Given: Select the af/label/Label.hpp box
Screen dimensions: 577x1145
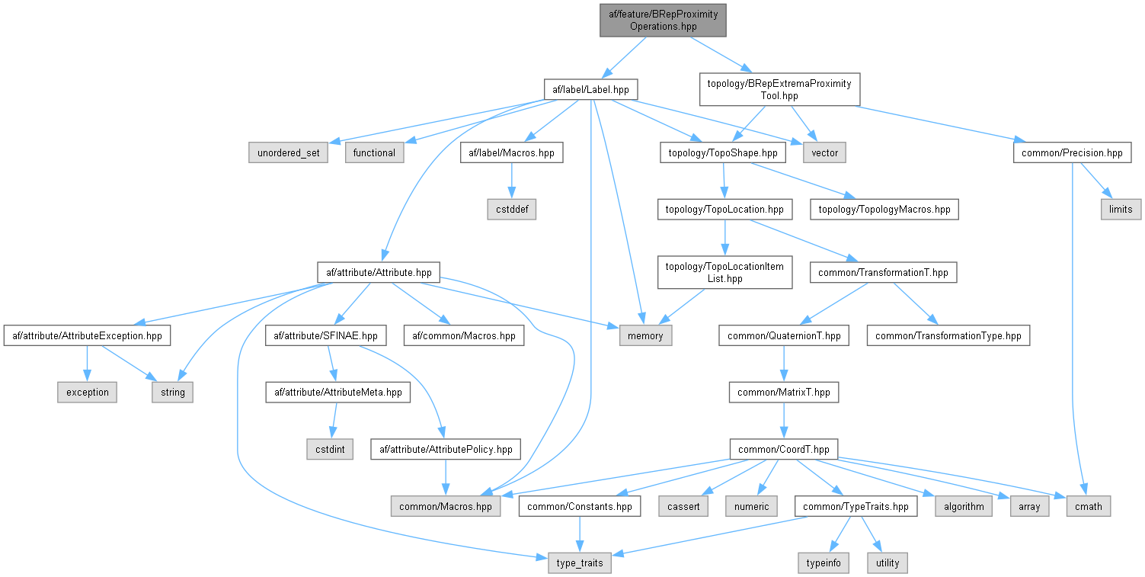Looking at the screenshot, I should click(x=591, y=90).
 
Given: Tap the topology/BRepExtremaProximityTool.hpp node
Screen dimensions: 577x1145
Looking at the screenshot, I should click(x=779, y=89).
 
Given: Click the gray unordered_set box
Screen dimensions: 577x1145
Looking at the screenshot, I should click(x=287, y=152).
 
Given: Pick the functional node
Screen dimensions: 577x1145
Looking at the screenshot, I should click(x=374, y=152).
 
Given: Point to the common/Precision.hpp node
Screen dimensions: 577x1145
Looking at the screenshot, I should click(x=1072, y=152).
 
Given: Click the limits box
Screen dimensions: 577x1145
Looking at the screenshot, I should click(x=1121, y=209).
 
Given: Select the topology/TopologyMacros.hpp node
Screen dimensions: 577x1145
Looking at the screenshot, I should click(x=884, y=209).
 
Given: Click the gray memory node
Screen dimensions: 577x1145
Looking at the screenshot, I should click(x=645, y=335).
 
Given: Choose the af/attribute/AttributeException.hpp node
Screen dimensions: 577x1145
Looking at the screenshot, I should click(x=87, y=335).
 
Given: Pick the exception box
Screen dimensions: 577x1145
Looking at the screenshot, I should click(x=87, y=393).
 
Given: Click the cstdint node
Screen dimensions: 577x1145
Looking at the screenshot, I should click(x=329, y=449).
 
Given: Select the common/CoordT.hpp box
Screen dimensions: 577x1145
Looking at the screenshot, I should click(x=783, y=449).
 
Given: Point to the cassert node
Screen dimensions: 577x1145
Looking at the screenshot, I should click(x=683, y=505).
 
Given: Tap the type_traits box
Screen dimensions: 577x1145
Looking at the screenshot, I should click(x=580, y=563).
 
